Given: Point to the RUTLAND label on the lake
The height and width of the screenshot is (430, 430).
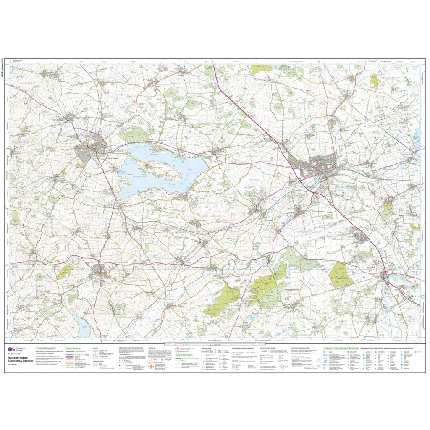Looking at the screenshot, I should point(155,155).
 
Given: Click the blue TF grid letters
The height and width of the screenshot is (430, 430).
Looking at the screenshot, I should point(415,68).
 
